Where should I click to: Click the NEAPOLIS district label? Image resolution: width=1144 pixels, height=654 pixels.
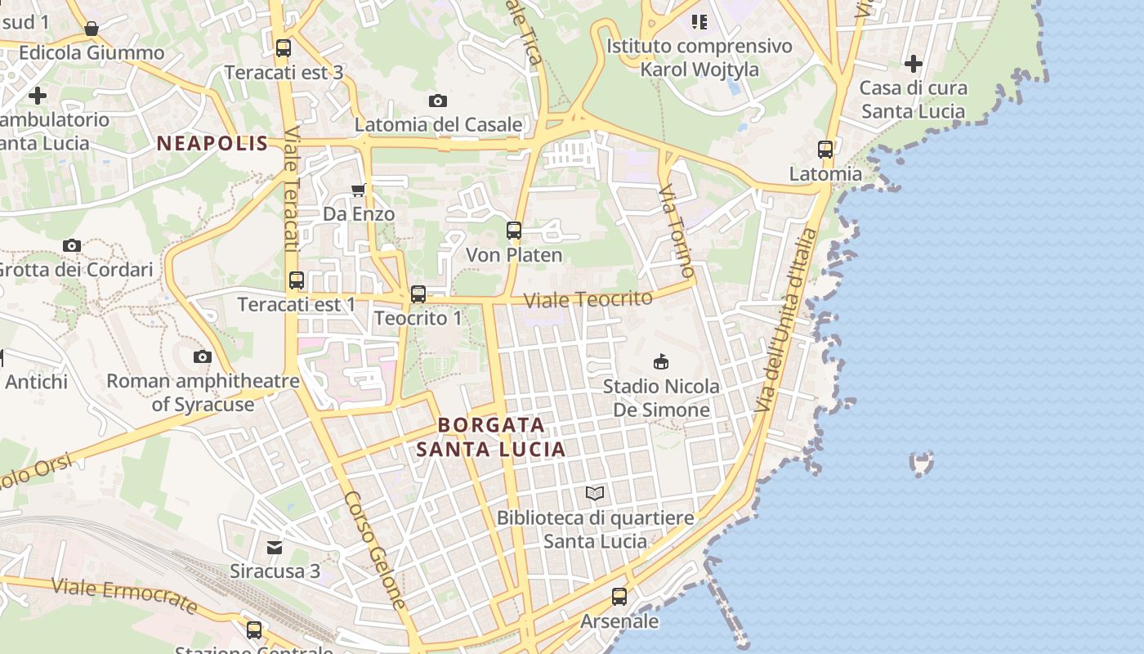click(x=212, y=144)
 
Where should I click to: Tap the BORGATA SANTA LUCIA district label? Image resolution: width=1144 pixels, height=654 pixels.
click(x=491, y=437)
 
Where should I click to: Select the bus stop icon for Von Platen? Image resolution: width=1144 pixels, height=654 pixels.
click(x=514, y=231)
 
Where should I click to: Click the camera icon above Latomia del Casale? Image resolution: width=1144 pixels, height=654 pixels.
click(x=438, y=101)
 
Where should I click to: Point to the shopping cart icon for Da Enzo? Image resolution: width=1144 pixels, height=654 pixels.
click(x=358, y=190)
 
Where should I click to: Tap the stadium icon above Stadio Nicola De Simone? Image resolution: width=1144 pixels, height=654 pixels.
click(x=661, y=361)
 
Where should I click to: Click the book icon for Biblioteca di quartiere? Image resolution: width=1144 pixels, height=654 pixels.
click(x=595, y=493)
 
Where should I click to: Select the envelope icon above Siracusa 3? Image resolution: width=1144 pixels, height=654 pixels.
click(x=275, y=547)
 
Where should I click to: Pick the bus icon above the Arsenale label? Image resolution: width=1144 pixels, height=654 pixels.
click(x=619, y=597)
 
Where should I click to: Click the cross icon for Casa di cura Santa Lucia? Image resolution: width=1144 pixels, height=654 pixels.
click(x=914, y=63)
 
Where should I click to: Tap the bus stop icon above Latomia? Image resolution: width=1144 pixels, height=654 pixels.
click(x=825, y=150)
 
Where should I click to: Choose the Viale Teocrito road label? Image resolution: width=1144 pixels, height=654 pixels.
click(x=588, y=299)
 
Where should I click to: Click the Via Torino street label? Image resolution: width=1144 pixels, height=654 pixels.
click(x=677, y=231)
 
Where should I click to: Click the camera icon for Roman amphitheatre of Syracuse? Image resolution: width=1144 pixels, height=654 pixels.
click(x=203, y=356)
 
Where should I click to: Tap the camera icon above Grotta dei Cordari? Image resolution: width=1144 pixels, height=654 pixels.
click(x=72, y=245)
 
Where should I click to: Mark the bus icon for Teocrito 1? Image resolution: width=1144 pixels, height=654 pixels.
click(x=418, y=293)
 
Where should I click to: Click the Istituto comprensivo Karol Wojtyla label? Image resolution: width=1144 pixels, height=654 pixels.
click(x=699, y=57)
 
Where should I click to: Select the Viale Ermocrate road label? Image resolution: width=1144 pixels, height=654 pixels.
click(x=125, y=594)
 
